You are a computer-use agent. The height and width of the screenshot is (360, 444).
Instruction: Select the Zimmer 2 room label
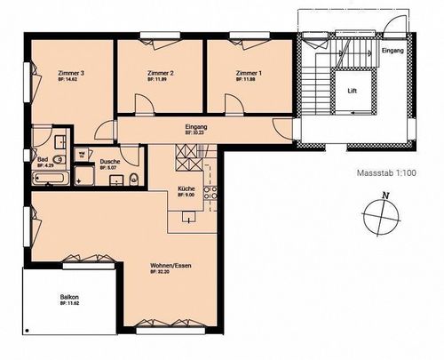coord(160,73)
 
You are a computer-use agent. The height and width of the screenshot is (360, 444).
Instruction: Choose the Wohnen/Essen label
coord(167,265)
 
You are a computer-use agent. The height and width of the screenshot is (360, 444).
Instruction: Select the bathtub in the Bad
coord(50,179)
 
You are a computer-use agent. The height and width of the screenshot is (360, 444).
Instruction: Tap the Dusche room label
coord(110,162)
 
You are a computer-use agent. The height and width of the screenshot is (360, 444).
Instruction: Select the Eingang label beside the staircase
coord(392,52)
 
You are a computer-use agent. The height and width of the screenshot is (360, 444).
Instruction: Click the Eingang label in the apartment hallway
coord(196,128)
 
